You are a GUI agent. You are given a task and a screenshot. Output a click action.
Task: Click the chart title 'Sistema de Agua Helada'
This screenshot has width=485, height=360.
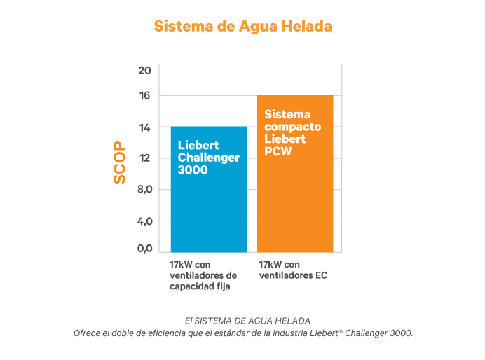click(x=242, y=26)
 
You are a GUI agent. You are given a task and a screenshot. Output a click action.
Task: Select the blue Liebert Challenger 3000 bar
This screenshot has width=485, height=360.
click(x=209, y=210)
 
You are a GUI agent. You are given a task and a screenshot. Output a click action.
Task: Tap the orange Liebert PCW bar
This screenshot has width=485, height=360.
click(x=294, y=203)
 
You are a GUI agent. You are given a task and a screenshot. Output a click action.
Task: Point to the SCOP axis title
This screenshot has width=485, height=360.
click(x=120, y=162)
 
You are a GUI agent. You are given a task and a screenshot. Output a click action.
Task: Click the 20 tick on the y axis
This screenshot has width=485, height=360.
click(x=145, y=70)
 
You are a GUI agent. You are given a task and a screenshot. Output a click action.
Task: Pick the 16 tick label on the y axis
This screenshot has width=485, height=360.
click(x=145, y=95)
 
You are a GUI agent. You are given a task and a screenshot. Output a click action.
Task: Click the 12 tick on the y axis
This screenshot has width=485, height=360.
click(x=145, y=158)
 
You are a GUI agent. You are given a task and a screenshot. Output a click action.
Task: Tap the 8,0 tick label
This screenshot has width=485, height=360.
click(x=144, y=190)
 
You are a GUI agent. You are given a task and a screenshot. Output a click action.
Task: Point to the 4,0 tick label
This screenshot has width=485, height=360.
click(x=144, y=221)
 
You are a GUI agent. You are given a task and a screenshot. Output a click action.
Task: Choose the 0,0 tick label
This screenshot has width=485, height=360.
click(x=144, y=248)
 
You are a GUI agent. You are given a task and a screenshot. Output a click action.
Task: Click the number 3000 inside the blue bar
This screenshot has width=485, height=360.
click(x=193, y=169)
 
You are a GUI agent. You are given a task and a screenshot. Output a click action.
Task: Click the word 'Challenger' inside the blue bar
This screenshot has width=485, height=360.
click(x=208, y=158)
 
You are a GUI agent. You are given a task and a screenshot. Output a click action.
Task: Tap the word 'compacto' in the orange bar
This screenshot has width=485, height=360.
click(x=292, y=127)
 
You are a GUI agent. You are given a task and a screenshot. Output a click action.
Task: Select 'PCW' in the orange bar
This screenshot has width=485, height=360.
click(x=278, y=152)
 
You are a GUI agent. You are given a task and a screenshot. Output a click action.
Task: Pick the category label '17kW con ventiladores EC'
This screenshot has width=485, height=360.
click(x=293, y=270)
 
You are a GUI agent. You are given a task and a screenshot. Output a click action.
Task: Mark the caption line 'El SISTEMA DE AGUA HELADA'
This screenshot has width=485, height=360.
click(x=242, y=320)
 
